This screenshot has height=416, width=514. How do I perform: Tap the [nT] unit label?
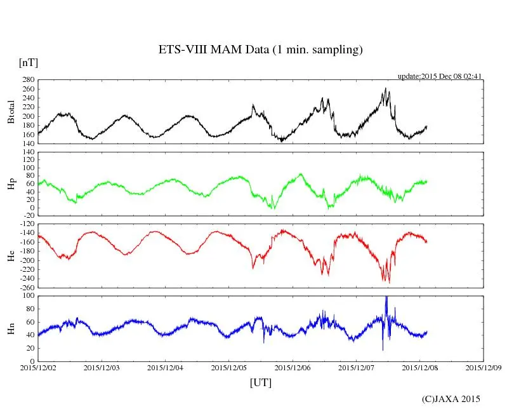28,63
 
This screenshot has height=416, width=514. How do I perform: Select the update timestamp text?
440,76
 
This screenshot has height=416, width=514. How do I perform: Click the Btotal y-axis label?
11,112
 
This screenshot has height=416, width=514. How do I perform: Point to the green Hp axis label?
11,184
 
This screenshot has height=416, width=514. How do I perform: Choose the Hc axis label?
11,255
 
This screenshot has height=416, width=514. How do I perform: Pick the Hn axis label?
11,328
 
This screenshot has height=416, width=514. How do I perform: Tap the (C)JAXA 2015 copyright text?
451,399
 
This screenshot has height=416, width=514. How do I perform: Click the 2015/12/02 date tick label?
38,367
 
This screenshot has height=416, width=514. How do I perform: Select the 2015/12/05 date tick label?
229,367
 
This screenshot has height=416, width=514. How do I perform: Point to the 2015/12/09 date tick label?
484,367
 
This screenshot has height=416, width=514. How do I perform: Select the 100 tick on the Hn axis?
28,296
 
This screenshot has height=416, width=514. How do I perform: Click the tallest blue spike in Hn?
386,298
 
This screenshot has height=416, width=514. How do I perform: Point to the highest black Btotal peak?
385,89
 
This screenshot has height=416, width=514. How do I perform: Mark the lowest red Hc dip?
389,282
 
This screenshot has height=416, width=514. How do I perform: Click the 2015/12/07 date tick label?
356,367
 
